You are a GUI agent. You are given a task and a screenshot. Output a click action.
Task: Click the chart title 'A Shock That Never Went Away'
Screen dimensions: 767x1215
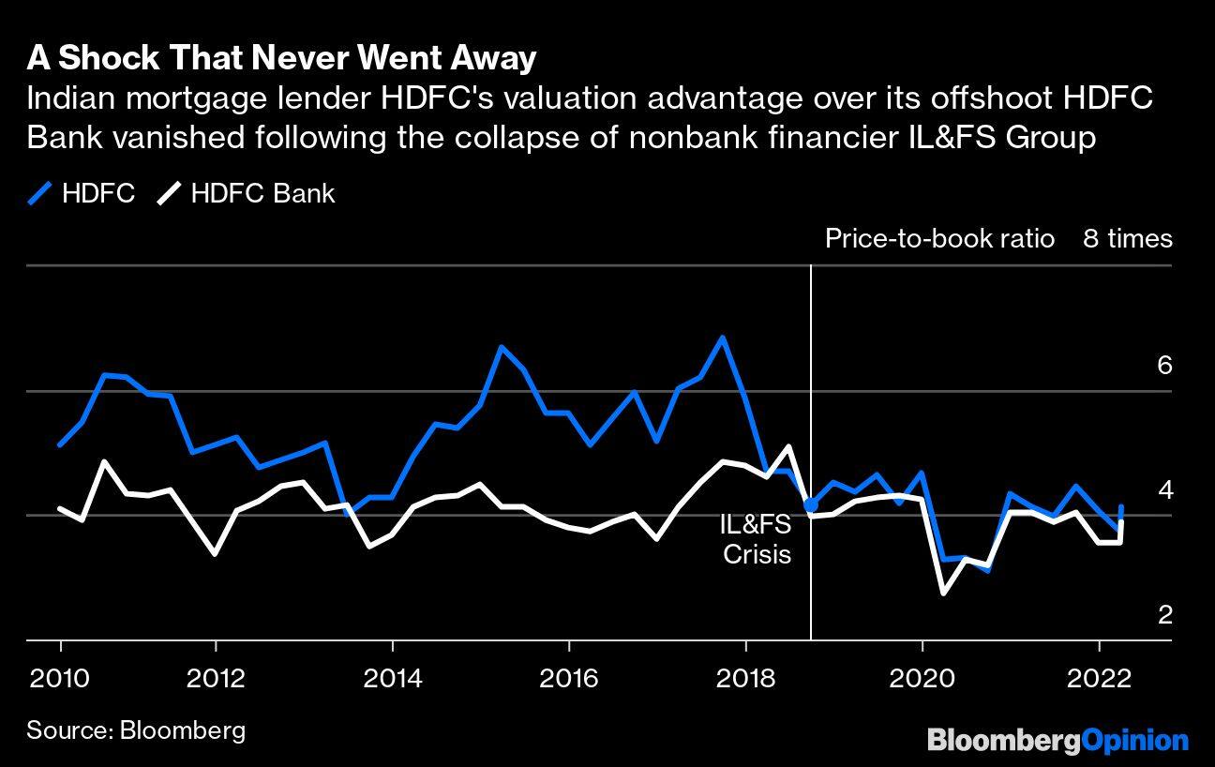281,58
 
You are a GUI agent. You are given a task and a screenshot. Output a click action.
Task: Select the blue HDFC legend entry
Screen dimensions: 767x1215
82,194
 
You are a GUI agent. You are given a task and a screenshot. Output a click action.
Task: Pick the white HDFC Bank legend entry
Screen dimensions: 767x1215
246,194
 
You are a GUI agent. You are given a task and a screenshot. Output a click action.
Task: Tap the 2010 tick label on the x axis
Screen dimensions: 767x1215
60,678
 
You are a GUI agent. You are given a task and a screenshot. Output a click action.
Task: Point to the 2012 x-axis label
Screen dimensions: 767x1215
216,678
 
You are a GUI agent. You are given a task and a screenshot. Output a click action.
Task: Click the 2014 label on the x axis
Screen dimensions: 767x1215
392,678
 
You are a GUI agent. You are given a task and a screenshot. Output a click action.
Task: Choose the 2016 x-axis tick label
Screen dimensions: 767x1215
568,678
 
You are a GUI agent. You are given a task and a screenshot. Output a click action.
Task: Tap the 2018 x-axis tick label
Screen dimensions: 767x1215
745,678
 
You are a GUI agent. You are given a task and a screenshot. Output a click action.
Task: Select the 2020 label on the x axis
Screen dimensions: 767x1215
922,678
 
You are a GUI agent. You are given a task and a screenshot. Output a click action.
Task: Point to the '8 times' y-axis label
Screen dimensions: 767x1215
1128,239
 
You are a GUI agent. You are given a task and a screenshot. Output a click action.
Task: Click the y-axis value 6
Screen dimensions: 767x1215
1164,365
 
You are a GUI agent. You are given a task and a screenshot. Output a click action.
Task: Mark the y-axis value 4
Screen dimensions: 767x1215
1164,489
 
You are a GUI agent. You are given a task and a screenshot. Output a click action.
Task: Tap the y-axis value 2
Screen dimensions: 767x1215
1164,614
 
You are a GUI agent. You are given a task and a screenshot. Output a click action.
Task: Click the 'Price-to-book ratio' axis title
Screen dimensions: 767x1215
939,239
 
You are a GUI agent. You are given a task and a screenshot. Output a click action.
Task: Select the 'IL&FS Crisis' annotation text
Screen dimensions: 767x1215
756,539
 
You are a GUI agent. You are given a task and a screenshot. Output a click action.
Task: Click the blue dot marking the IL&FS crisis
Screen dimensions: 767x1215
811,505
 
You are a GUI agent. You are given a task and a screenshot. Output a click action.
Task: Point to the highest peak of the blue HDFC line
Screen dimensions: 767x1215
721,337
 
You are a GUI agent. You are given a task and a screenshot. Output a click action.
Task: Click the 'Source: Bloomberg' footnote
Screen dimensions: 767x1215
136,730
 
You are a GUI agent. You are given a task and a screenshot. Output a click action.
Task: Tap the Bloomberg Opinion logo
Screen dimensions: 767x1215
1057,740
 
